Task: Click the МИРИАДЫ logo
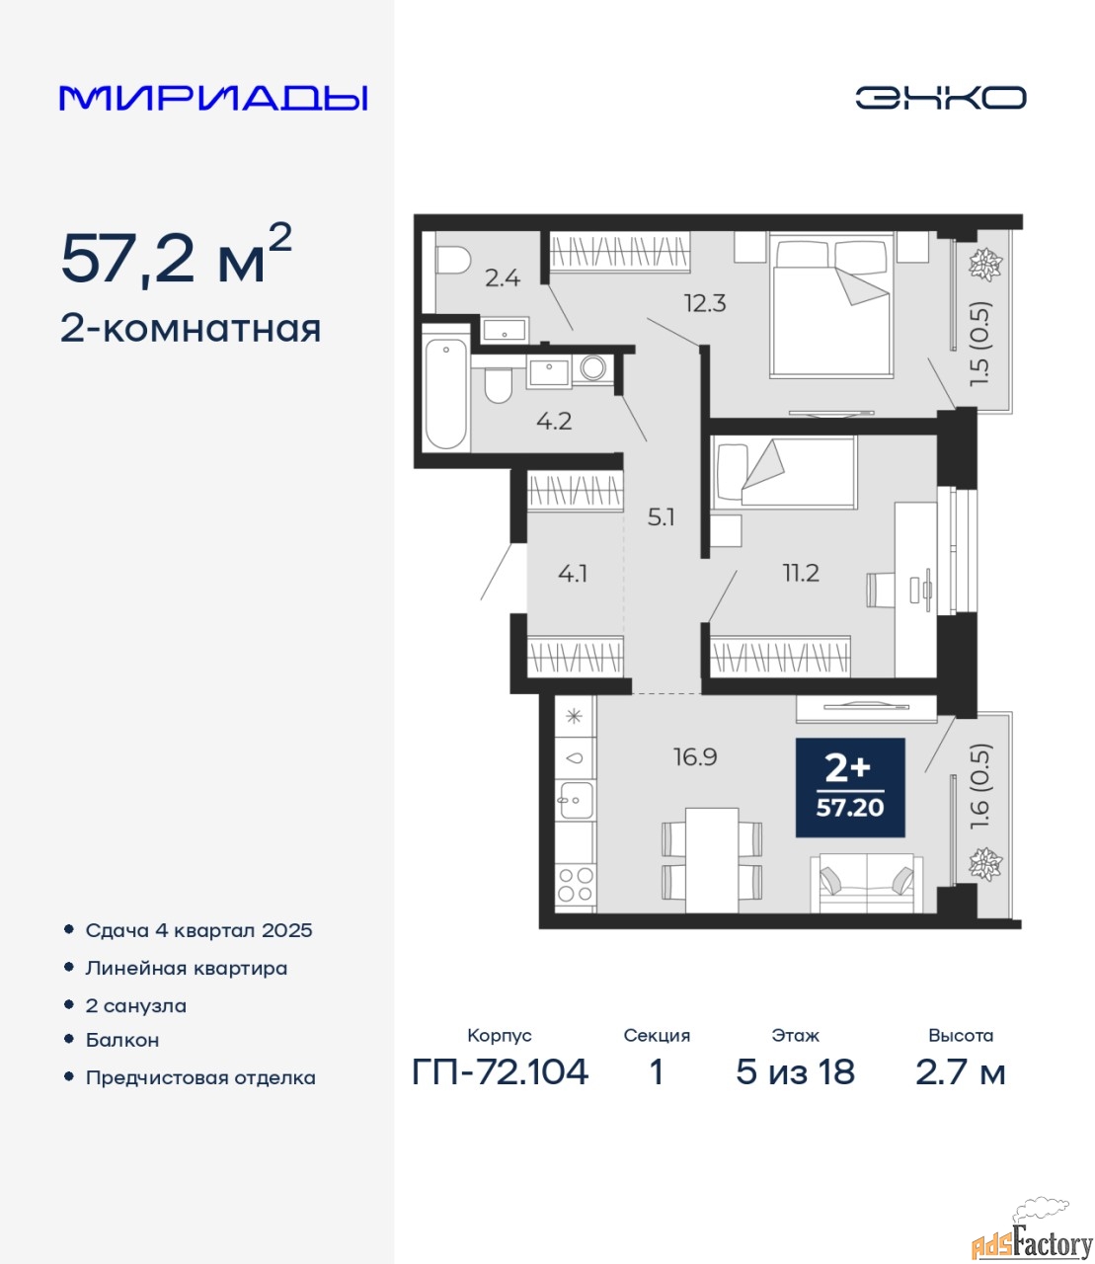(x=213, y=98)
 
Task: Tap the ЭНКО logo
(x=940, y=98)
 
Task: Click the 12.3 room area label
(x=705, y=303)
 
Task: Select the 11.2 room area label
(x=801, y=574)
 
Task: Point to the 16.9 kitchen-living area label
(x=695, y=757)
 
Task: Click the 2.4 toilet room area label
(x=503, y=278)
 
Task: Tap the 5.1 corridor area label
(x=661, y=518)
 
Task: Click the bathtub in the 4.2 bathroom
(x=446, y=394)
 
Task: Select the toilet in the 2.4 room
(x=452, y=260)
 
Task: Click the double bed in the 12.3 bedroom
(x=831, y=305)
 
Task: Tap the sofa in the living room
(x=866, y=883)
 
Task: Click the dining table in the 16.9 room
(x=712, y=860)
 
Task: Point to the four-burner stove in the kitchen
(x=576, y=884)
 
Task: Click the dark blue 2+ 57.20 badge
(x=850, y=787)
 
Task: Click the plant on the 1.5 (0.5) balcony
(x=985, y=265)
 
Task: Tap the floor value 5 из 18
(x=796, y=1071)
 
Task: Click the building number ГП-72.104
(x=501, y=1071)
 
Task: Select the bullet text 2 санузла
(x=135, y=1006)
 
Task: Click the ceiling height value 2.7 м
(x=960, y=1071)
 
